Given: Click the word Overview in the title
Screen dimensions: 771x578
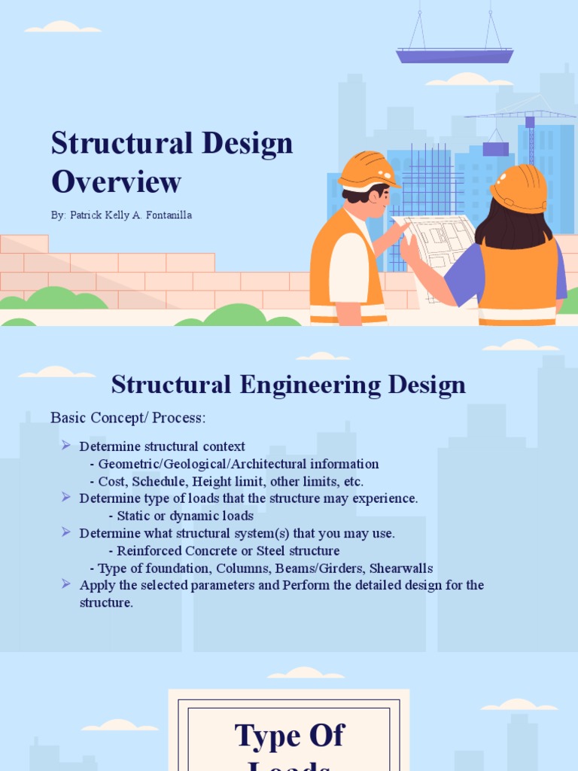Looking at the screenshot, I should [116, 181].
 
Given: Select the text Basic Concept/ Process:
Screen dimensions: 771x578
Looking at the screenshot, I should [128, 417].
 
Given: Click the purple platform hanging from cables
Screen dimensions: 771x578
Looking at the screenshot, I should [455, 55].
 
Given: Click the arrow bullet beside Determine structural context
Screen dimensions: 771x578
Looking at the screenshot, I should [65, 446].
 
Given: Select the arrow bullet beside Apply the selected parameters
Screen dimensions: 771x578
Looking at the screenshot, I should [65, 584].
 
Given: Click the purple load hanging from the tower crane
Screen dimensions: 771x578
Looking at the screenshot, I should [495, 149].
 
